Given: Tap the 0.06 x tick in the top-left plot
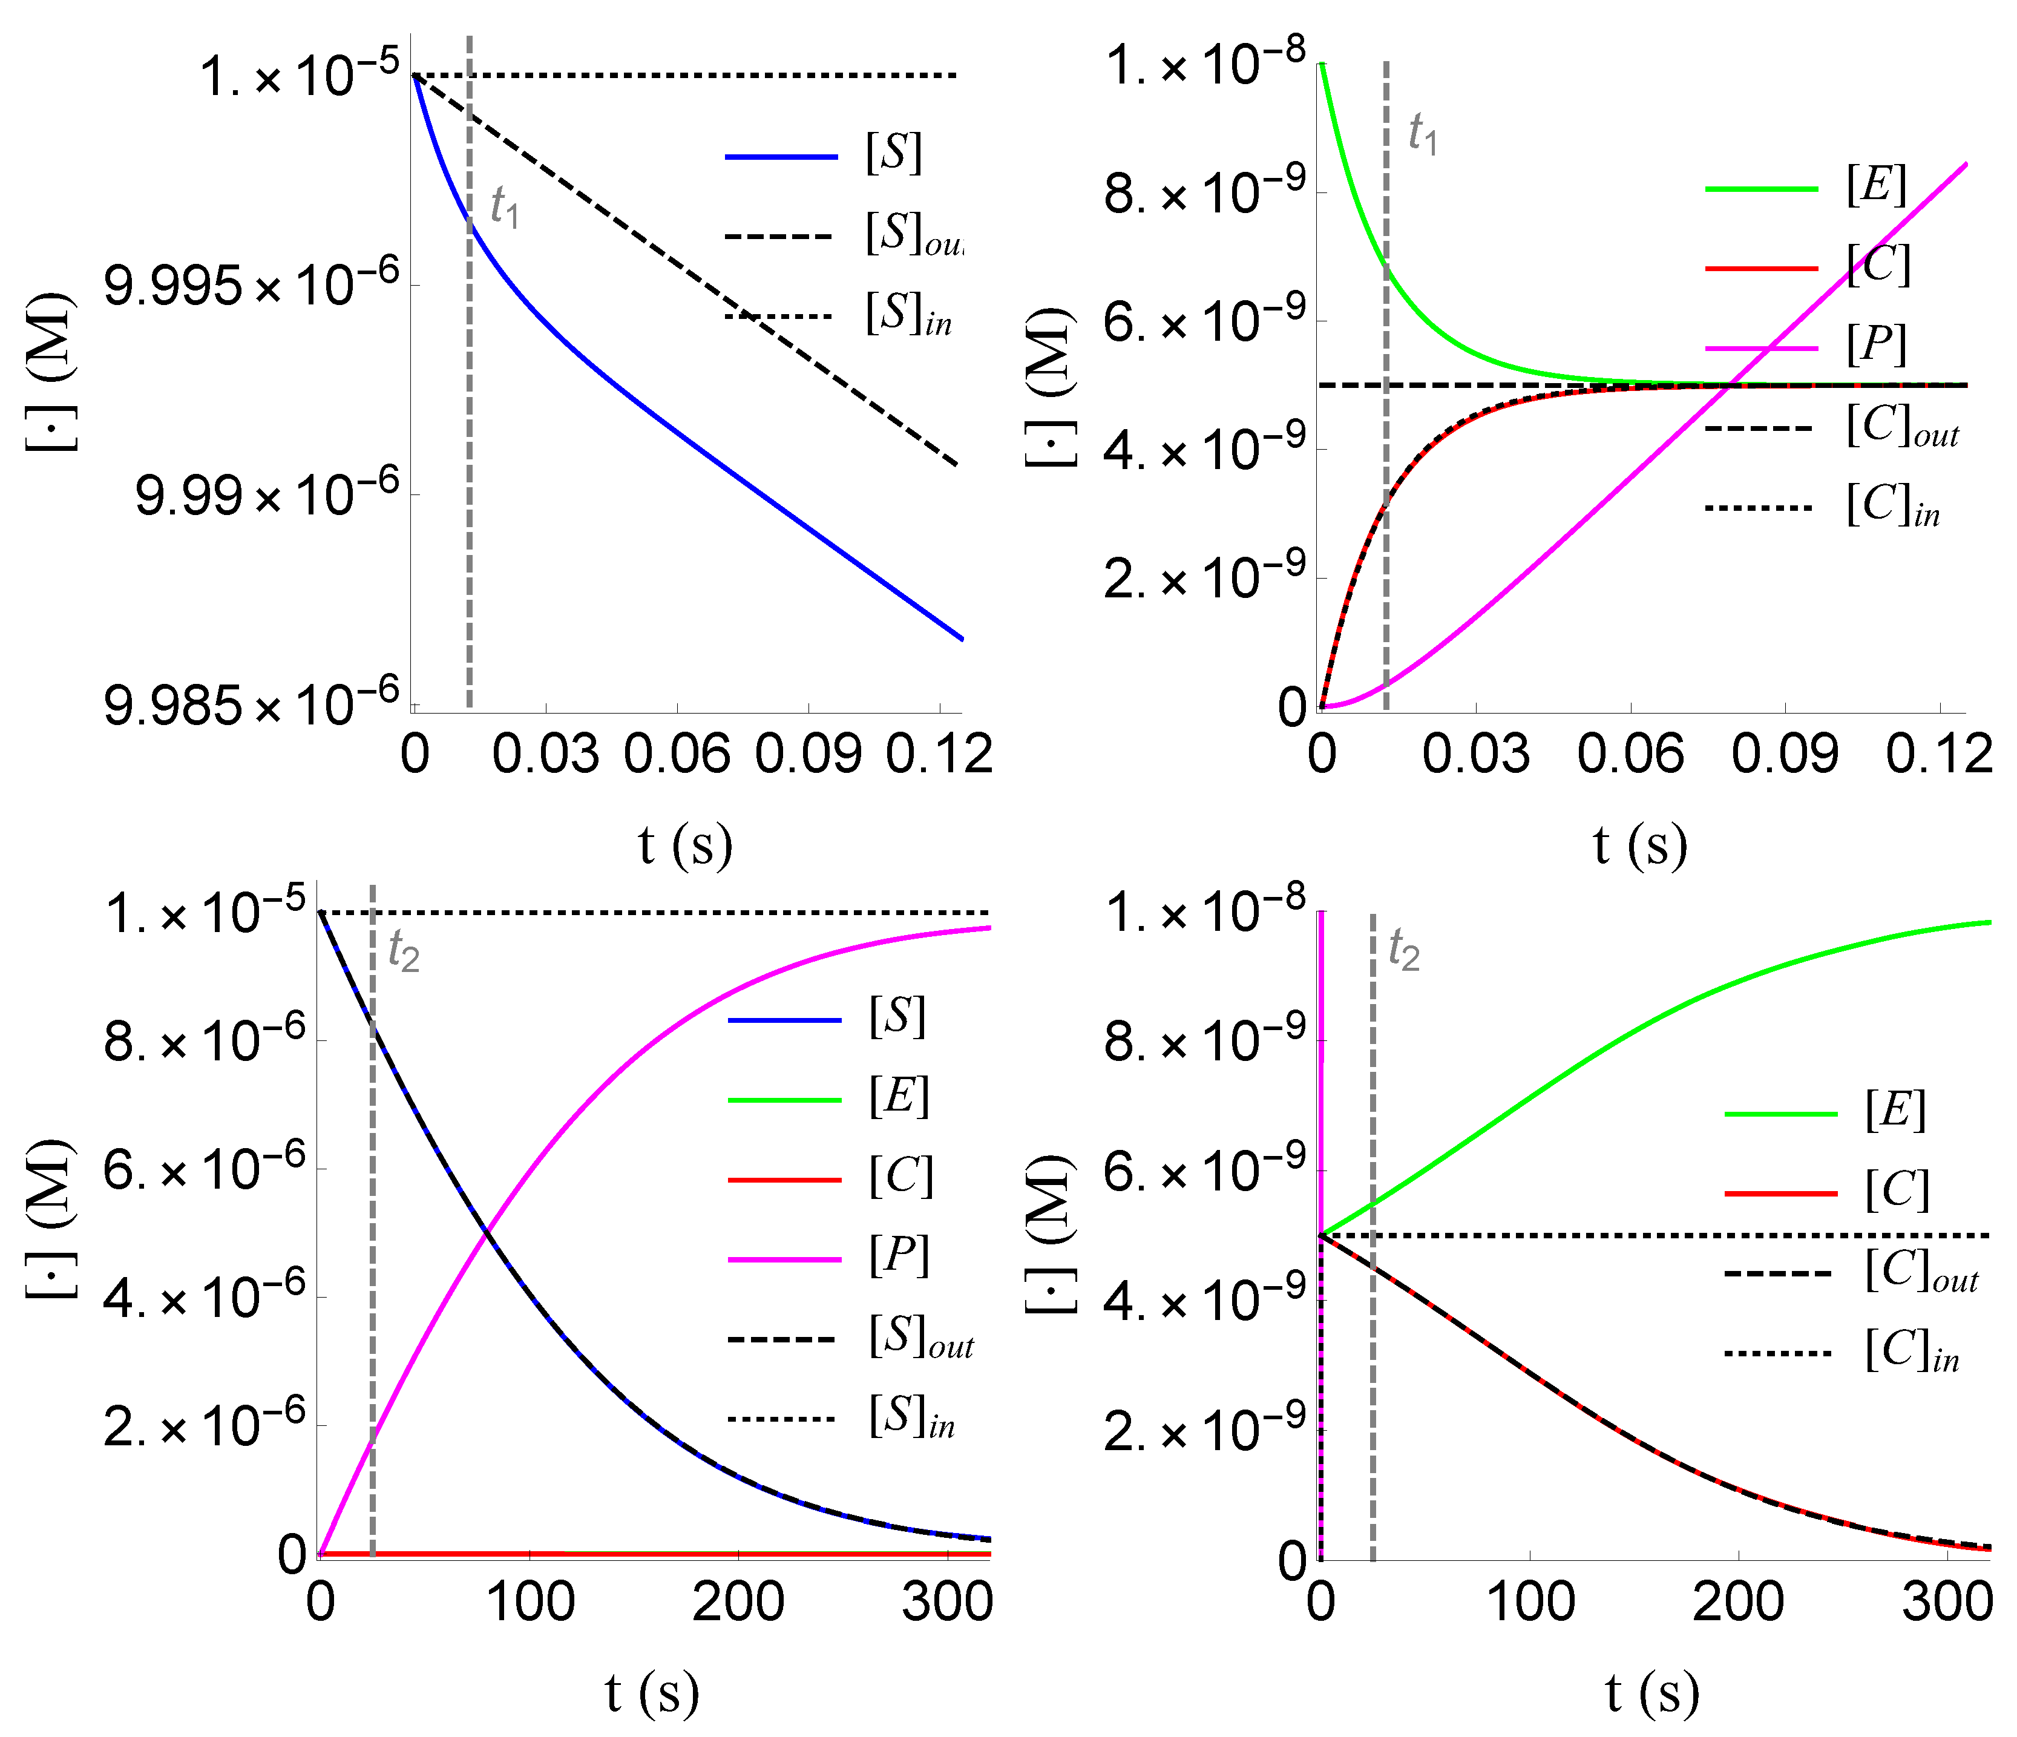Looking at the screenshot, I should (x=677, y=755).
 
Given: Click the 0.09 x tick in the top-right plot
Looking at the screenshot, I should (x=1785, y=755).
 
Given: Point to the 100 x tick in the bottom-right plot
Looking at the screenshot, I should (x=1530, y=1601).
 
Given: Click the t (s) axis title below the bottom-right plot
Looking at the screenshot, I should (x=1652, y=1693).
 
